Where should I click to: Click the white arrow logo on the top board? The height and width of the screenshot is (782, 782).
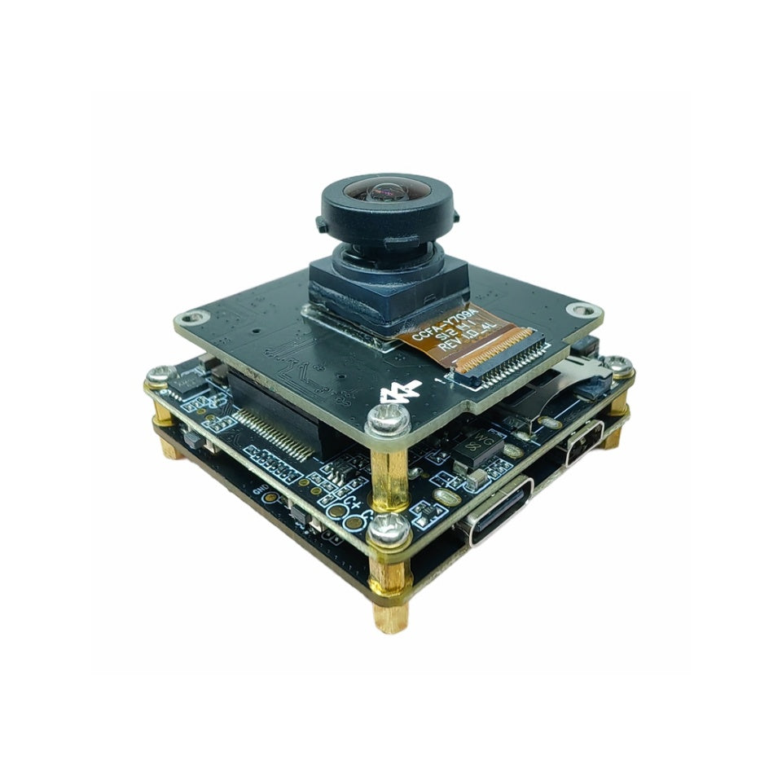[401, 393]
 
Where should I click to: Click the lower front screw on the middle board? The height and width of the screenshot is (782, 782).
[389, 530]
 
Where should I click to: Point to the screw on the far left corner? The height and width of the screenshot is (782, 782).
[159, 376]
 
